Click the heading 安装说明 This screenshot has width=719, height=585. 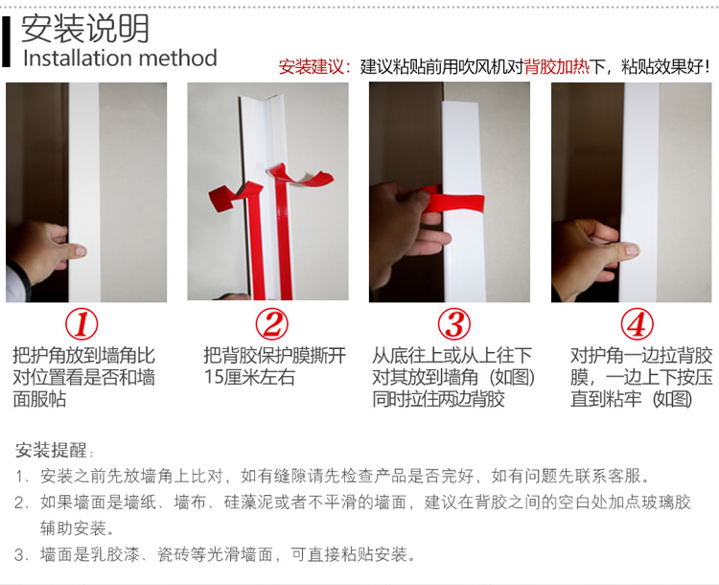[85, 28]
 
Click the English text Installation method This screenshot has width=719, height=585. [120, 58]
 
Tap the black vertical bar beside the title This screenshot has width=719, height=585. [6, 41]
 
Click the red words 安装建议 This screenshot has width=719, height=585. [311, 67]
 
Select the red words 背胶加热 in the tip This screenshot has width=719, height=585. [556, 67]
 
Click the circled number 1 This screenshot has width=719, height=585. [81, 324]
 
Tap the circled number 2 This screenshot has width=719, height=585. [272, 324]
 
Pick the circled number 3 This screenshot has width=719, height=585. [454, 324]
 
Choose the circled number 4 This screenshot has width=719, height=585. [637, 324]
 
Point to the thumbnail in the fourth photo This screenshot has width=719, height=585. [632, 250]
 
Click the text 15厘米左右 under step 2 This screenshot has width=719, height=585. [249, 377]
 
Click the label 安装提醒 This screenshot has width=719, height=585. [51, 450]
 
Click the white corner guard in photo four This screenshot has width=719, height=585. [639, 193]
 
